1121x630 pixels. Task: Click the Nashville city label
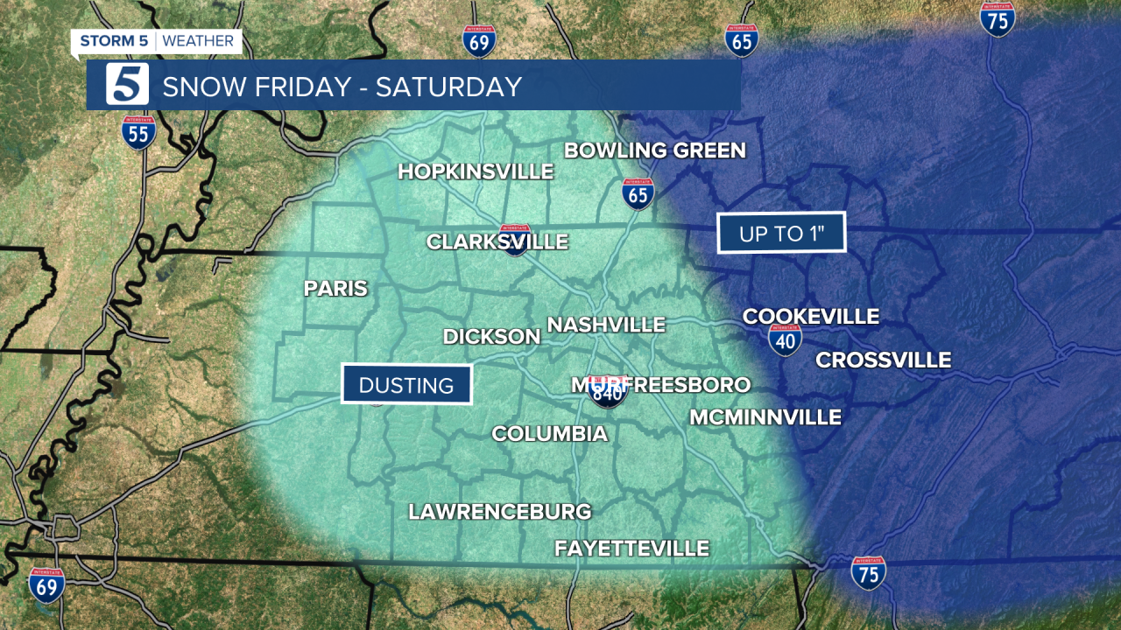[x=606, y=325]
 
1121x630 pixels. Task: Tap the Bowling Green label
[x=654, y=150]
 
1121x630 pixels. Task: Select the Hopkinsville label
[x=476, y=171]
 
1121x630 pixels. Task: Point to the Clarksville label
[x=497, y=241]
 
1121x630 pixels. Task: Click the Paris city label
[x=335, y=289]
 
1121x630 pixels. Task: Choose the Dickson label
[x=491, y=337]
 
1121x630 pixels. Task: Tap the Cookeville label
[x=810, y=317]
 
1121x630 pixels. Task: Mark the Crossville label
[x=883, y=360]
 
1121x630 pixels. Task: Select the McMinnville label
[x=765, y=417]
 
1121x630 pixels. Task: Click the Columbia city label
[x=549, y=433]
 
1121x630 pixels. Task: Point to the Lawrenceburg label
[x=499, y=512]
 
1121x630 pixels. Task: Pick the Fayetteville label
[x=631, y=549]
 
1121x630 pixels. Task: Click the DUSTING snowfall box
[x=406, y=384]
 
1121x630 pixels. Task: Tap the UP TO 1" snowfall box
[x=781, y=233]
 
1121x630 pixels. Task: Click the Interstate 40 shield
[x=786, y=339]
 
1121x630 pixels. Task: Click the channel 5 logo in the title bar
[x=127, y=85]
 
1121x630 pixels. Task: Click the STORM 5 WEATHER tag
[x=157, y=41]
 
